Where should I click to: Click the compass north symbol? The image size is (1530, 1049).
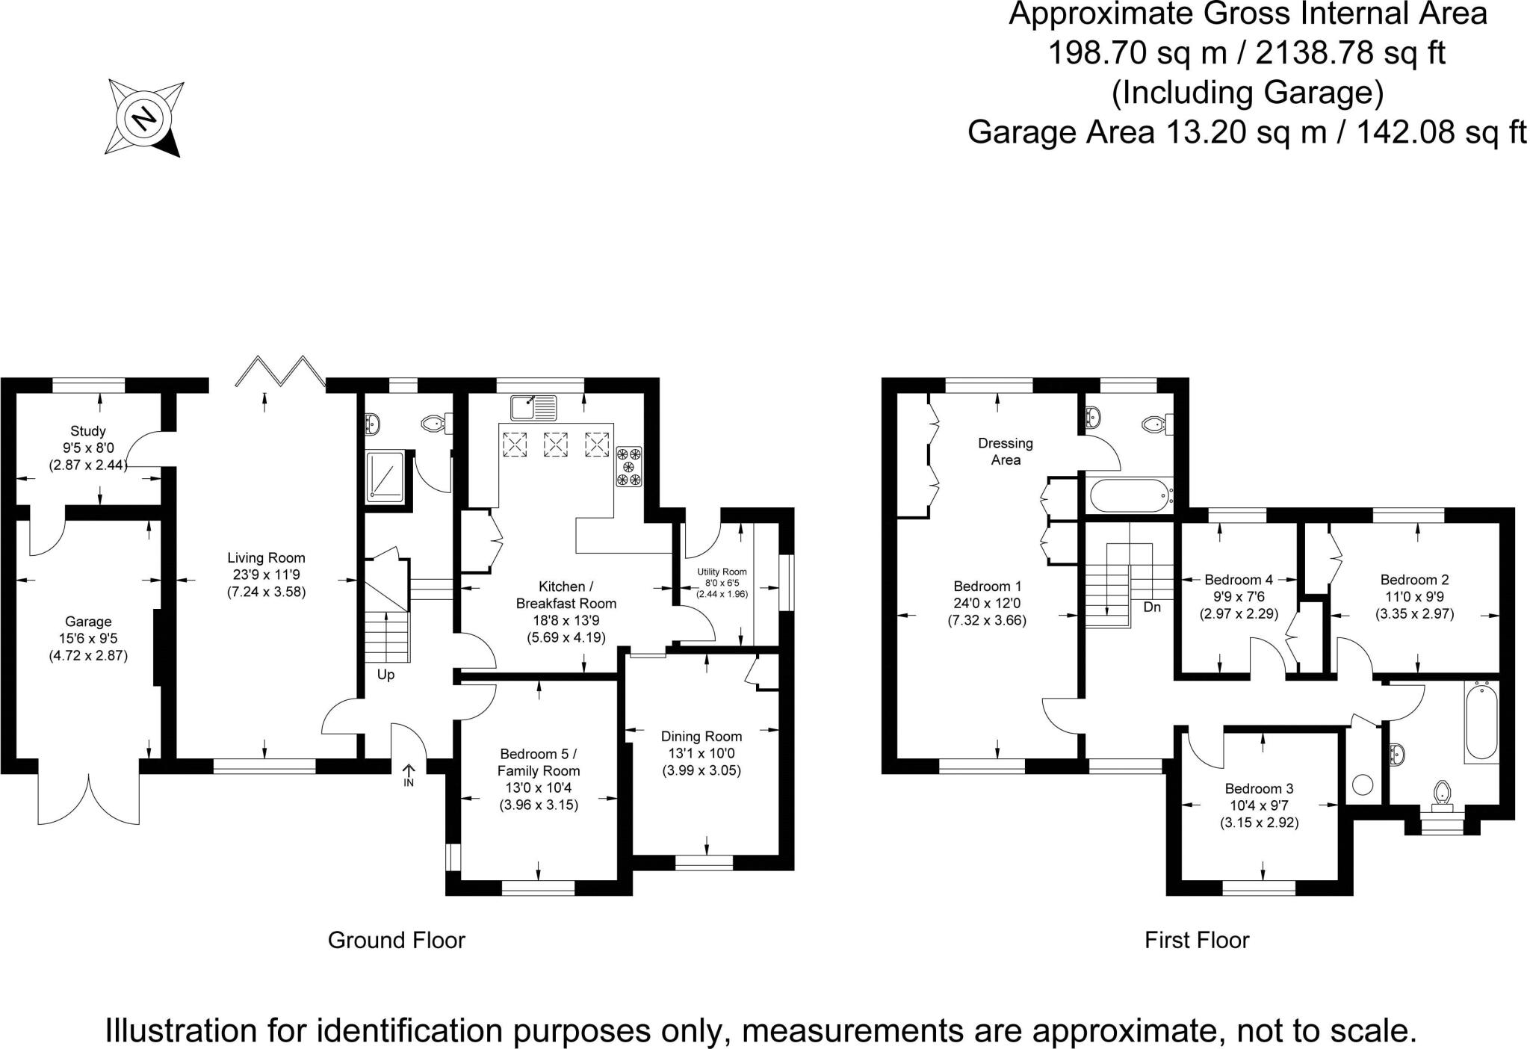[x=143, y=118]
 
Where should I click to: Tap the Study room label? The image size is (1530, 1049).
[x=88, y=431]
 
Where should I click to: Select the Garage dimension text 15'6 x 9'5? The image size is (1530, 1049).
[x=88, y=639]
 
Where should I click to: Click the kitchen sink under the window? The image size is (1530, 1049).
[x=533, y=407]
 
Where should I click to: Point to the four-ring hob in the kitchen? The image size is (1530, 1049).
[x=628, y=466]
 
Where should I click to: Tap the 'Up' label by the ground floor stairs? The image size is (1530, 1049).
[x=385, y=675]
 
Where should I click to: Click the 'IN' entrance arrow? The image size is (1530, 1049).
[x=409, y=774]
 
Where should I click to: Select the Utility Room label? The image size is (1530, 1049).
[x=722, y=572]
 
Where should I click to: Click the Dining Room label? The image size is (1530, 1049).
[x=701, y=737]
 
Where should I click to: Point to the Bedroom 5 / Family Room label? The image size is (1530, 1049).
[x=539, y=762]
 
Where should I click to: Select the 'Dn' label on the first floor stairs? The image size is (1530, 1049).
[x=1152, y=607]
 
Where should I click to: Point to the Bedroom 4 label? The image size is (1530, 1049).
[x=1238, y=580]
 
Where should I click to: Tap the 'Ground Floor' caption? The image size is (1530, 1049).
[x=396, y=940]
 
